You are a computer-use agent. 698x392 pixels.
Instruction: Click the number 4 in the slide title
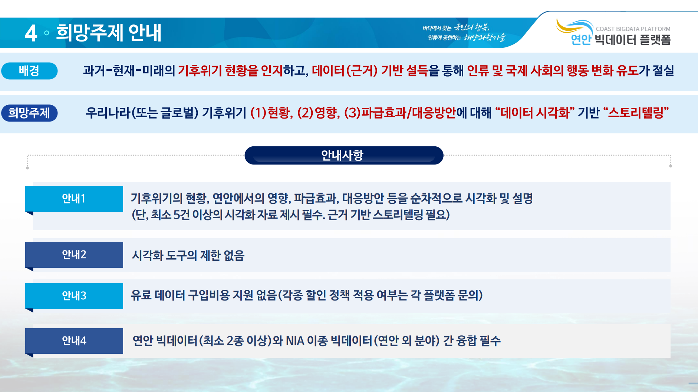pos(31,33)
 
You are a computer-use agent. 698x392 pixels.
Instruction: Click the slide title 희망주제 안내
pos(109,33)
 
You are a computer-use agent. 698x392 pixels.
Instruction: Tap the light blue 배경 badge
pos(29,71)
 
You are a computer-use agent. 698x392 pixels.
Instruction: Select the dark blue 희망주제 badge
pos(29,113)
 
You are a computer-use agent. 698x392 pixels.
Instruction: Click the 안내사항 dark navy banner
pos(344,155)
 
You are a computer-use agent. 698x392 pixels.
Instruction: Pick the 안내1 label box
pos(74,199)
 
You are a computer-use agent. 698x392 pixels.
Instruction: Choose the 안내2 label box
pos(74,255)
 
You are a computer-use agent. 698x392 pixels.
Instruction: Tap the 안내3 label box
pos(74,296)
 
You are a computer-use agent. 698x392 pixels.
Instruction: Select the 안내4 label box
pos(74,341)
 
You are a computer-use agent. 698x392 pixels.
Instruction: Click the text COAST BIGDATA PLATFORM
pos(633,29)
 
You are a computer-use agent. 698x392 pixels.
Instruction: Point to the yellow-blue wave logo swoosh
pos(574,26)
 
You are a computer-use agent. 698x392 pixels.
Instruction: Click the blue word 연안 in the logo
pos(581,40)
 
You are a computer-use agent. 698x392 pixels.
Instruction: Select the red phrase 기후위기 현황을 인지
pos(230,70)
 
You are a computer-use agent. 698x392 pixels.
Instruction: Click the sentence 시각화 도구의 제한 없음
pos(188,255)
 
